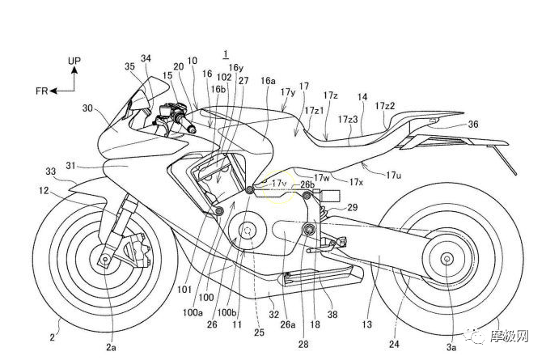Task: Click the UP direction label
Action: click(74, 61)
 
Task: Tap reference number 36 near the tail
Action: click(473, 124)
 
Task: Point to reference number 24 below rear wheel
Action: click(394, 343)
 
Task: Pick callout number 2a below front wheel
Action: click(111, 345)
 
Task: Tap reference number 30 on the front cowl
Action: click(87, 107)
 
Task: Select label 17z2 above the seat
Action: click(385, 106)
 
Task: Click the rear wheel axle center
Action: click(446, 259)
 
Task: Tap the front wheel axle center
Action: click(106, 260)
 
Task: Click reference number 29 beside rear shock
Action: click(352, 208)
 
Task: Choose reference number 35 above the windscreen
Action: click(129, 67)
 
